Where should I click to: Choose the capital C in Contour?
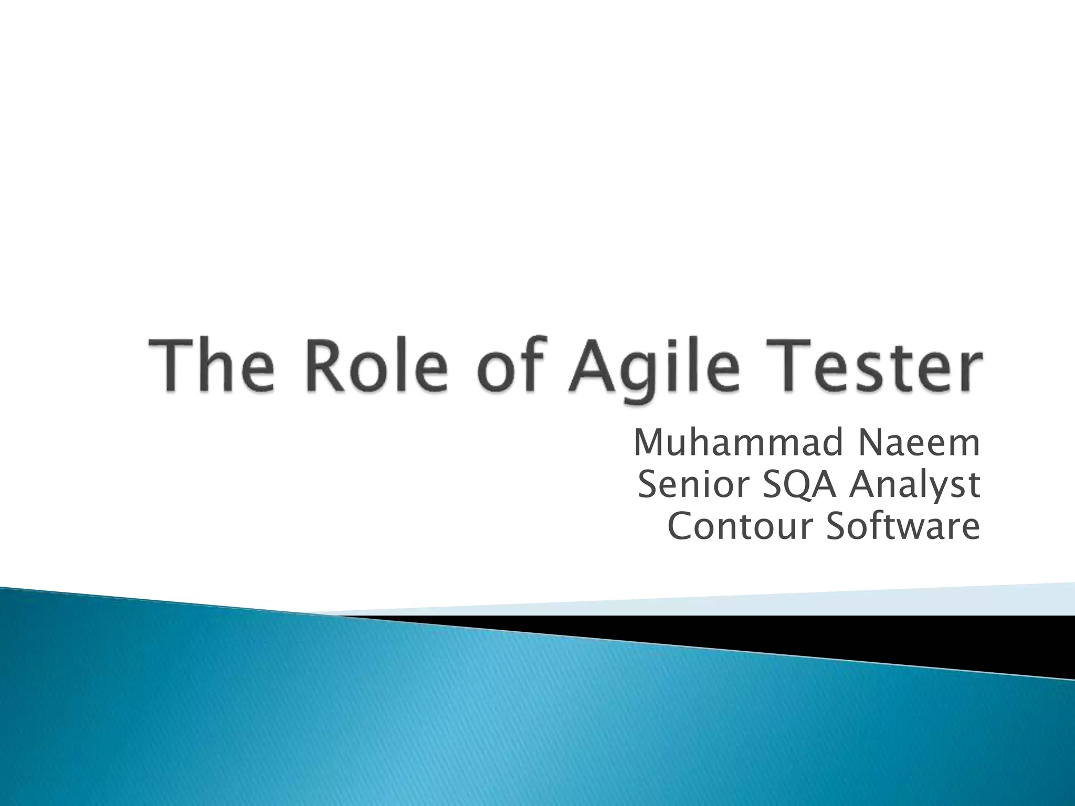[x=681, y=526]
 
